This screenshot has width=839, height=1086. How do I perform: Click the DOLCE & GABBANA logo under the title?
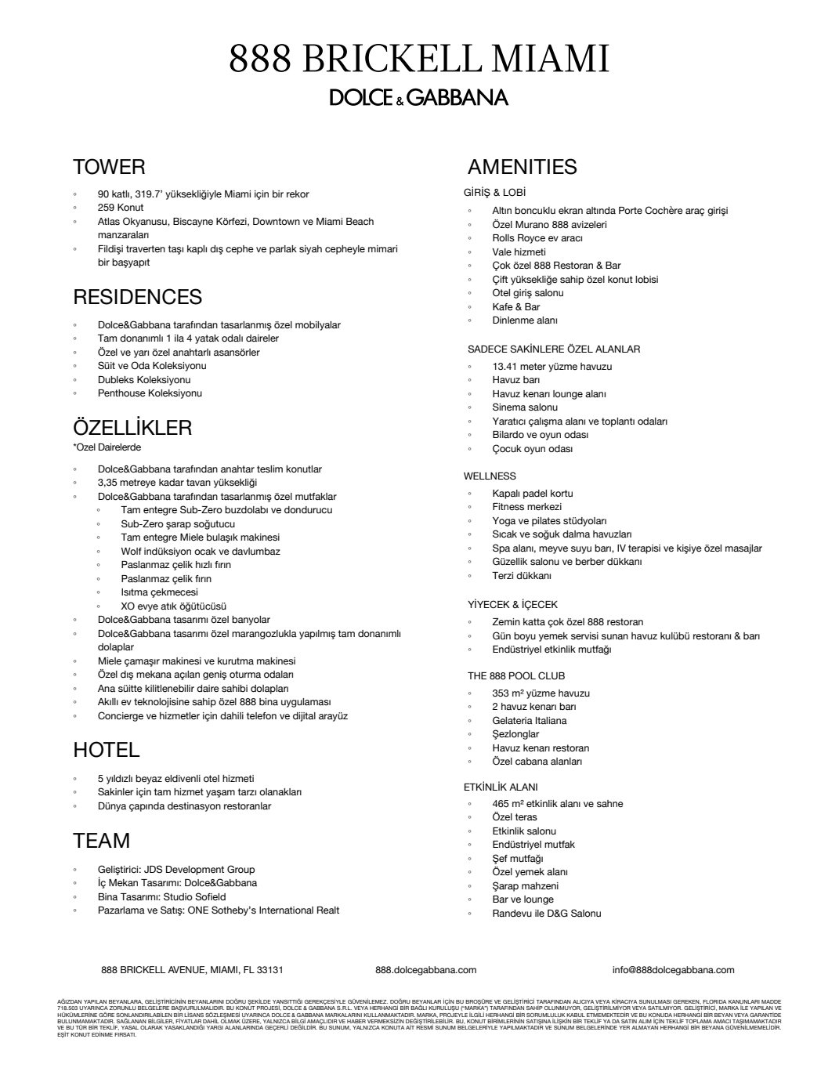pos(418,97)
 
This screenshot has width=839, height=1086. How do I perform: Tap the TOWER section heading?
pos(109,167)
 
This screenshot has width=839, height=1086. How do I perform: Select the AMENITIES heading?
pos(522,167)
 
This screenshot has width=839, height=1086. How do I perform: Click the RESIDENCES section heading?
pos(137,297)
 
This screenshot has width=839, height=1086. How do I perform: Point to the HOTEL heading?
pos(106,750)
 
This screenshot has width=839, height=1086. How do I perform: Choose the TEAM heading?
pos(101,841)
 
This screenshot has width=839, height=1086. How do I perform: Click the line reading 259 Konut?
pos(121,208)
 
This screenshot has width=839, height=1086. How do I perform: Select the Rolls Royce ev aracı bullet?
pos(537,238)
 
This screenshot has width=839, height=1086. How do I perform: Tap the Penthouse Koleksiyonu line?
pos(150,393)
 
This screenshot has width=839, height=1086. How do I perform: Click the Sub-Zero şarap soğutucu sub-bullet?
pos(178,524)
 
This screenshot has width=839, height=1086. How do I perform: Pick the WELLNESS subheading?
pos(490,476)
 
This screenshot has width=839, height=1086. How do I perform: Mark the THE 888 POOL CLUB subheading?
pos(516,675)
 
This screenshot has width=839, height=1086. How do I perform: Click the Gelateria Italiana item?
pos(530,721)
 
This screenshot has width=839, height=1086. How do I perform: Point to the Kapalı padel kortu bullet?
pos(533,494)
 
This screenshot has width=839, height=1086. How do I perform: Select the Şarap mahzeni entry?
pos(526,886)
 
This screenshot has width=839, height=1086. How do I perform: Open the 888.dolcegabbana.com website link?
pos(426,970)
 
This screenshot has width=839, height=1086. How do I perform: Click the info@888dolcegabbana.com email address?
pos(674,970)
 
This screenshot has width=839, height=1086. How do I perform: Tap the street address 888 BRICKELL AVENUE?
pos(192,970)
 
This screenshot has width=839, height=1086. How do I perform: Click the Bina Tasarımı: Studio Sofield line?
pos(162,897)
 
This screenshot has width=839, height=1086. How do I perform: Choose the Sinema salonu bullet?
pos(525,407)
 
